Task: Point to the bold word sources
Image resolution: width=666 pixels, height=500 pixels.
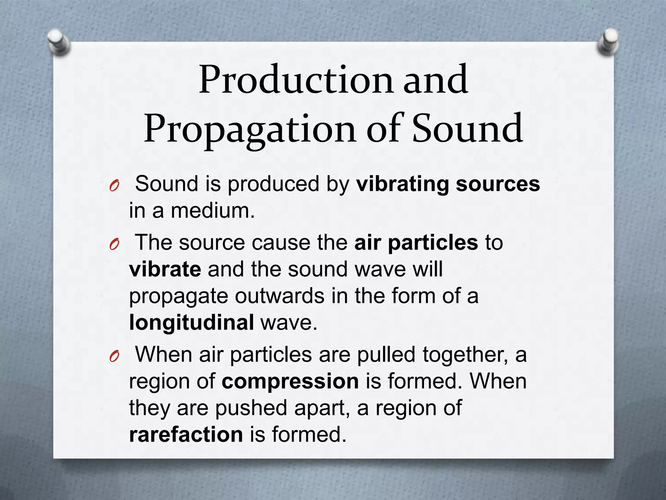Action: point(498,184)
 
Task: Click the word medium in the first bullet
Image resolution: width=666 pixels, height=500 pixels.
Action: point(213,211)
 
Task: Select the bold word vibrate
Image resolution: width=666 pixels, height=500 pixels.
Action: point(165,269)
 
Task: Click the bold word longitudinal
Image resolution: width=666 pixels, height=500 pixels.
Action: point(191,323)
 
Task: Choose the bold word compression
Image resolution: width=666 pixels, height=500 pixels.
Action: point(290,381)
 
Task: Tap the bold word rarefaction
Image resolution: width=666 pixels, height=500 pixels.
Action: point(186,435)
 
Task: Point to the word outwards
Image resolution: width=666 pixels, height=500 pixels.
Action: point(279,296)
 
